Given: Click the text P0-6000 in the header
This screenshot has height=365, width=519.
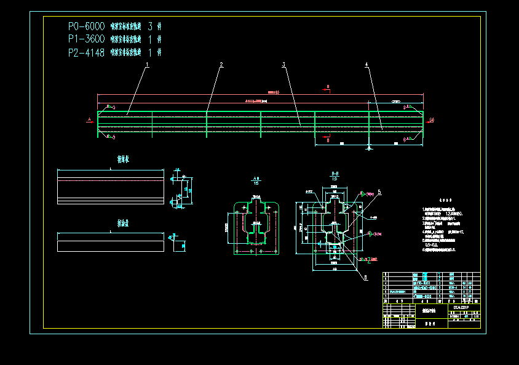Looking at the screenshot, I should [86, 26].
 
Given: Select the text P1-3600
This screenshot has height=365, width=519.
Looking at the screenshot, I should [86, 39].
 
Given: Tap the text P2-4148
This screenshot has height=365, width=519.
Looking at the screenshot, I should [86, 53].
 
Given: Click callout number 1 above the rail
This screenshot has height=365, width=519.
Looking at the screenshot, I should [148, 64].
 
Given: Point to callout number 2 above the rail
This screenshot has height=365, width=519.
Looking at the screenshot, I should [221, 64].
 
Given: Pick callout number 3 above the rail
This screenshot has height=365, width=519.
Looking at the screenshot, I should [283, 64].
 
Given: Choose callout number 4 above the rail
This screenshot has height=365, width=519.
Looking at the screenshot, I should [366, 64].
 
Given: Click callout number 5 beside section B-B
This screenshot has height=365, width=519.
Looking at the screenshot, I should [379, 192].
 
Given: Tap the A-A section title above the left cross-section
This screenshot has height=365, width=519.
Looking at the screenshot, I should [256, 178].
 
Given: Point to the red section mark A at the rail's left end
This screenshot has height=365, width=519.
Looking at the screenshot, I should [89, 119].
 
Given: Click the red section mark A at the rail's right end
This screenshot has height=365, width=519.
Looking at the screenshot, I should [432, 119].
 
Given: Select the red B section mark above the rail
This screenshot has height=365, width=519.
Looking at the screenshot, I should [328, 87].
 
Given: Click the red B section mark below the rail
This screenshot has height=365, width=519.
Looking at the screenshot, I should [328, 140].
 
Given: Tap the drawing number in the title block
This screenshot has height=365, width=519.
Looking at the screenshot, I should [461, 305].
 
